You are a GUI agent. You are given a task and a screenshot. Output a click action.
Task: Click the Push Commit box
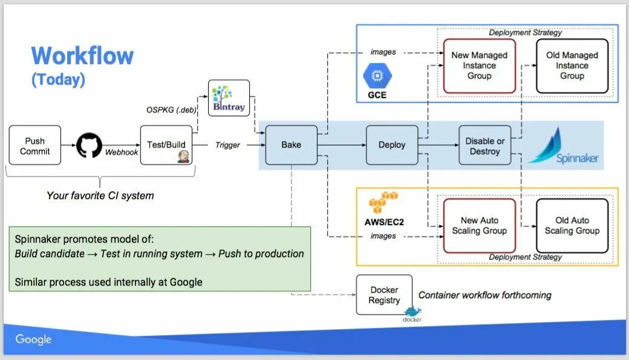pyautogui.click(x=35, y=145)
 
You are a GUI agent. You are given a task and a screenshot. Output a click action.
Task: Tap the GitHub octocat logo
pyautogui.click(x=89, y=145)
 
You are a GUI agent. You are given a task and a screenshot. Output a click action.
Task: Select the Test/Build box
pyautogui.click(x=166, y=145)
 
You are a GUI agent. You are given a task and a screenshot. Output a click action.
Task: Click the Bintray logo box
pyautogui.click(x=229, y=98)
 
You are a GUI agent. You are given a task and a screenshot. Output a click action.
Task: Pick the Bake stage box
pyautogui.click(x=292, y=145)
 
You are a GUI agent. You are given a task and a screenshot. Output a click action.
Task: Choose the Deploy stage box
pyautogui.click(x=392, y=145)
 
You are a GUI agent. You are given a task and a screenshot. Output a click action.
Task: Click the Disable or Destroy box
pyautogui.click(x=485, y=145)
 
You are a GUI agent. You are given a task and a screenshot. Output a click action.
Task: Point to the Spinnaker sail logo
pyautogui.click(x=547, y=145)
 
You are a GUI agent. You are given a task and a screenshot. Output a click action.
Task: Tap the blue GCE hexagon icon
pyautogui.click(x=377, y=76)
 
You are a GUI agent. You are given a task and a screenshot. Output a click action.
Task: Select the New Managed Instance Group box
pyautogui.click(x=480, y=66)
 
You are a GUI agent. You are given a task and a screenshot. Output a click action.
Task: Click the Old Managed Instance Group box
pyautogui.click(x=572, y=66)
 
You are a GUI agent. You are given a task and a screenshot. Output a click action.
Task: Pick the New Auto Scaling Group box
pyautogui.click(x=480, y=226)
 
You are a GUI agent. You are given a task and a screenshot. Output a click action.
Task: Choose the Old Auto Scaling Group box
pyautogui.click(x=572, y=226)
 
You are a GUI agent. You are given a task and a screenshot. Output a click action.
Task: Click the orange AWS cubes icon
pyautogui.click(x=383, y=202)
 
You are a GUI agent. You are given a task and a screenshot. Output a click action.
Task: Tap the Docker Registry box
pyautogui.click(x=384, y=295)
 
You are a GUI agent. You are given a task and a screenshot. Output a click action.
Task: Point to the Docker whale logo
pyautogui.click(x=412, y=312)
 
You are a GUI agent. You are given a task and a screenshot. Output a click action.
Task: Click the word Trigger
pyautogui.click(x=227, y=145)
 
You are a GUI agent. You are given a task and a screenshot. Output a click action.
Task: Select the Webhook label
pyautogui.click(x=121, y=152)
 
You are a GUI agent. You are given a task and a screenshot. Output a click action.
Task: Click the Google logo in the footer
pyautogui.click(x=33, y=339)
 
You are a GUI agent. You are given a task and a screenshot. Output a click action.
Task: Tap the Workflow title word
pyautogui.click(x=82, y=56)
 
